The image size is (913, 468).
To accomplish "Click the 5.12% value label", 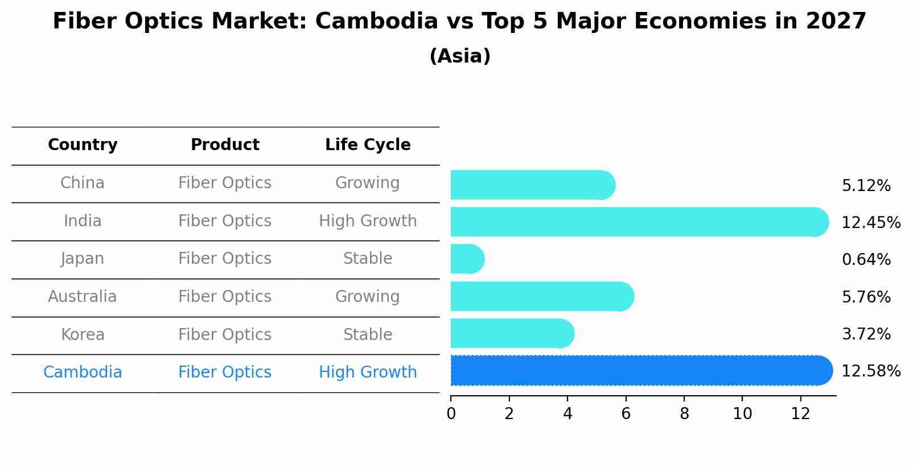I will tap(866, 186).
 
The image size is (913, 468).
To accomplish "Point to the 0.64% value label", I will tap(866, 260).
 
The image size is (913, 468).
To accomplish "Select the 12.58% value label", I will tap(870, 371).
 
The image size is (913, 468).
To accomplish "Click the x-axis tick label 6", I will tap(626, 414).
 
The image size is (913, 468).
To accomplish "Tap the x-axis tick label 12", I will tap(800, 414).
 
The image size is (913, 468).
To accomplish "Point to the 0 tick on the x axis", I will tap(451, 414).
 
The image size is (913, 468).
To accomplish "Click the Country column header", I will tap(83, 145).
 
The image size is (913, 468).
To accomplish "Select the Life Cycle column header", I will tap(368, 145).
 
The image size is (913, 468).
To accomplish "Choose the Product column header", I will tap(225, 145).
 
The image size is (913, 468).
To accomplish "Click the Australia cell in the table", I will tap(83, 297).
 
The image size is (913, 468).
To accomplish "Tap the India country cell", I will tap(83, 221).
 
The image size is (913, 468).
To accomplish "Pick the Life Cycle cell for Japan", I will tap(368, 259).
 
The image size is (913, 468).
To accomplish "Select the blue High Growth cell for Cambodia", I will tap(368, 372).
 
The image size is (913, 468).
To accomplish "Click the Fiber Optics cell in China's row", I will tap(225, 183).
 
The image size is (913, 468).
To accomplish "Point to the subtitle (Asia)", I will tap(460, 56).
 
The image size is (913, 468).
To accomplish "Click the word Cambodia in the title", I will tap(376, 22).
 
